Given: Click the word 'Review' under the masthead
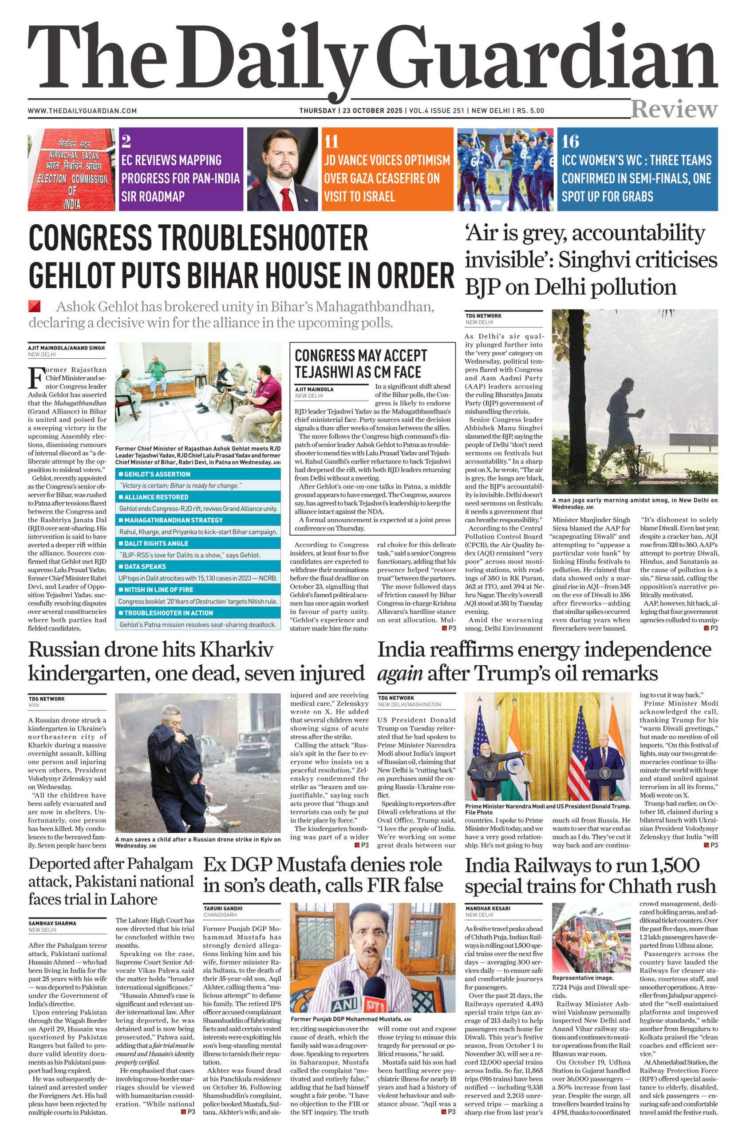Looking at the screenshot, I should point(674,109).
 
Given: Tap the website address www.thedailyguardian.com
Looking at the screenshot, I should point(82,111).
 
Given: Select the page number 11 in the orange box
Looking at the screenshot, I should point(331,141).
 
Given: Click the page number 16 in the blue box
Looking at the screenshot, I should point(570,141).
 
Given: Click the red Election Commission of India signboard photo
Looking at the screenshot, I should point(71,169).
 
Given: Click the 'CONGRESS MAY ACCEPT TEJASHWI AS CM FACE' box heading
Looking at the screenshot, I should point(360,364).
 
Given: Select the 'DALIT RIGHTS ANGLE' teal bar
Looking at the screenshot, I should point(197,543).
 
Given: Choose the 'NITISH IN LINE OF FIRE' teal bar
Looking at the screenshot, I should point(197,589).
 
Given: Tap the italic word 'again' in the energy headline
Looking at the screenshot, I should point(399,674).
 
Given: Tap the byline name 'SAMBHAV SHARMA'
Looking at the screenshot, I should point(52,923).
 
